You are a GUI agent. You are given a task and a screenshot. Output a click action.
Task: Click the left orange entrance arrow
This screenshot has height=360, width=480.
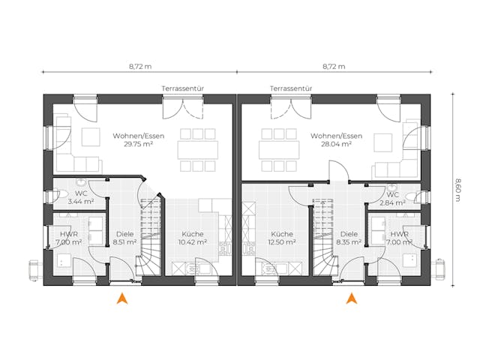[121, 300]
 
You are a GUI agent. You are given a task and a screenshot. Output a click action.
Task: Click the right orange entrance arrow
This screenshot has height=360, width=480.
[350, 300]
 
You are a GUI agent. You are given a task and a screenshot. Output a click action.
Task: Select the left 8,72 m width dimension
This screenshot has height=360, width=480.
[140, 67]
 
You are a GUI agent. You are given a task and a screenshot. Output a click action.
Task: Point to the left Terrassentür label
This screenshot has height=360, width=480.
[183, 88]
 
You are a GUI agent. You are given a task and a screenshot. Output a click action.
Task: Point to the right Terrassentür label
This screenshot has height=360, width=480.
[291, 88]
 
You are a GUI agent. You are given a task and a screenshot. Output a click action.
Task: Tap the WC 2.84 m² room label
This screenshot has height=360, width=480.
[391, 197]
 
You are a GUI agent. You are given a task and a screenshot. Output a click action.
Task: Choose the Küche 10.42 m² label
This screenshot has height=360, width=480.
[192, 238]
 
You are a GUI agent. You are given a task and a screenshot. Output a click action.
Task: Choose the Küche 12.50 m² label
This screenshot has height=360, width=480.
[283, 238]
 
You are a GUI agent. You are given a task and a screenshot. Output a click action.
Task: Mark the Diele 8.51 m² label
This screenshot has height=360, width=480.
[125, 238]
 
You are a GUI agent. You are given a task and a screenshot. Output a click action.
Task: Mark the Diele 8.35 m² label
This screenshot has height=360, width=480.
[349, 238]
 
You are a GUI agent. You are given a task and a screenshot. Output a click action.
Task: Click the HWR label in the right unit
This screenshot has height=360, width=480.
[398, 233]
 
